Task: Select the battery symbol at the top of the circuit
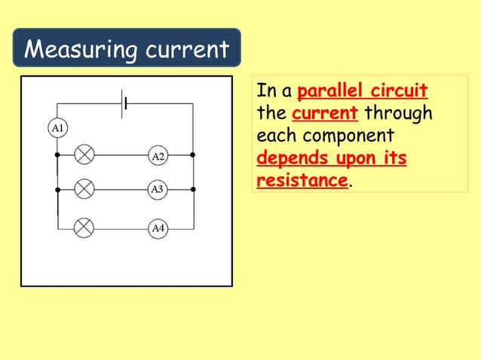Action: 123,103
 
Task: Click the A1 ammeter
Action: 58,127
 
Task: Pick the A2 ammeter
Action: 158,156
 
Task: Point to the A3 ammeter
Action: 158,189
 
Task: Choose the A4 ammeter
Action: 158,227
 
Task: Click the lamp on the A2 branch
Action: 85,155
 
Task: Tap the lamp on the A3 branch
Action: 85,189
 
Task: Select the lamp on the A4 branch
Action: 85,226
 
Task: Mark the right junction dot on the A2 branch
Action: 193,155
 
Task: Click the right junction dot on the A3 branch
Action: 193,189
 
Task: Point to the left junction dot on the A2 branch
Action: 58,155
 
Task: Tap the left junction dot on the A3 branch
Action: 58,189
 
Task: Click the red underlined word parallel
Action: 329,92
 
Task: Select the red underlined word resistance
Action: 302,182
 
